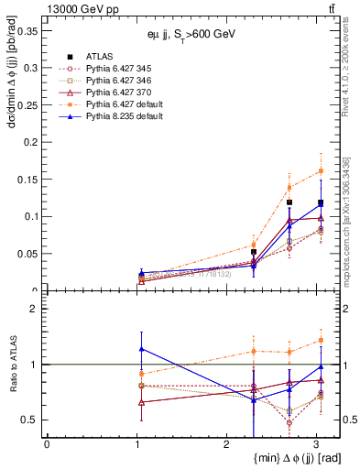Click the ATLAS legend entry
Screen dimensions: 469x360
pyautogui.click(x=93, y=57)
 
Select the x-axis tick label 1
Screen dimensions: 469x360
pyautogui.click(x=136, y=444)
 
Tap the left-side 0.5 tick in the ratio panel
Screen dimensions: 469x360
pyautogui.click(x=31, y=420)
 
